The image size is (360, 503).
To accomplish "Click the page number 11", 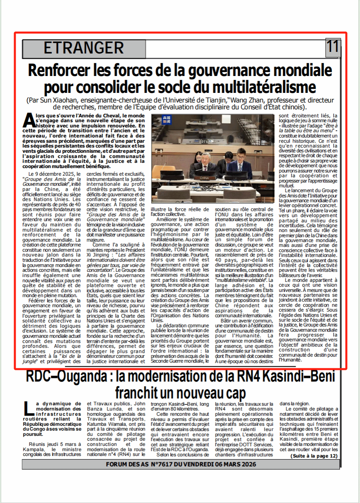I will click(333, 47).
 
